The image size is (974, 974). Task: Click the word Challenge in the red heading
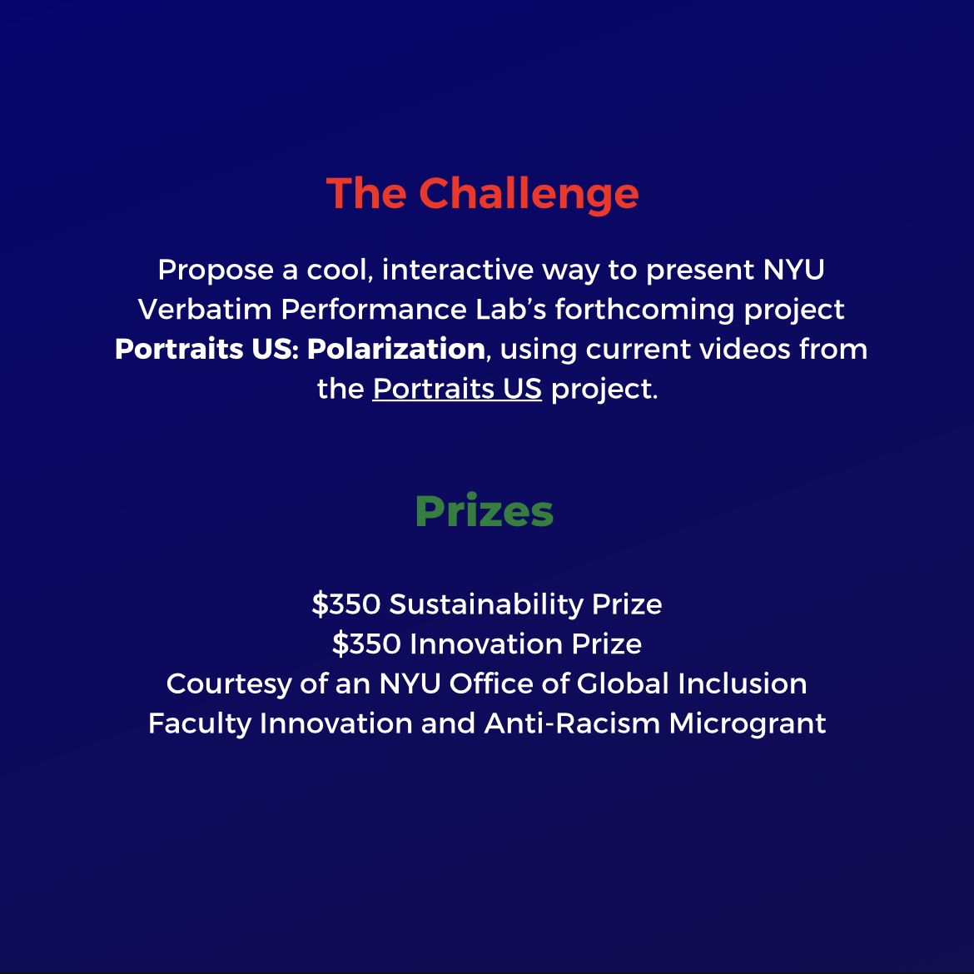click(529, 194)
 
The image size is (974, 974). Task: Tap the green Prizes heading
click(484, 511)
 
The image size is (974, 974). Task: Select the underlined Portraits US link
click(457, 389)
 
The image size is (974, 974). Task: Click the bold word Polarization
click(395, 349)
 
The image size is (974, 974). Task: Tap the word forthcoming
click(645, 310)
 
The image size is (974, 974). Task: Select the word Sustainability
click(486, 604)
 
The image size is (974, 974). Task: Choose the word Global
click(623, 683)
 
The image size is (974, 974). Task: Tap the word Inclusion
click(742, 683)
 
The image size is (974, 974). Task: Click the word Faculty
click(199, 723)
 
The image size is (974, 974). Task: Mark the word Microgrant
click(747, 723)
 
